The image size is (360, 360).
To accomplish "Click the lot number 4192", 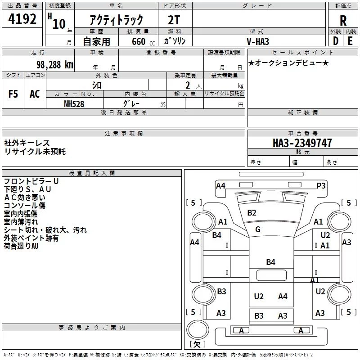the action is click(x=22, y=19).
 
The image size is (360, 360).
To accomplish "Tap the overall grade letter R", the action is click(x=343, y=21).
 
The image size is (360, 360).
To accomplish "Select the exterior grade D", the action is click(x=336, y=41).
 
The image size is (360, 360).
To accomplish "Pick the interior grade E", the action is click(x=350, y=41).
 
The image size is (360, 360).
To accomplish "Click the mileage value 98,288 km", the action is click(x=55, y=65).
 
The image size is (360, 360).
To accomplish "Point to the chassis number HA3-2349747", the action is click(x=302, y=143).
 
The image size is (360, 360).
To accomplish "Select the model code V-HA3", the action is click(x=258, y=41).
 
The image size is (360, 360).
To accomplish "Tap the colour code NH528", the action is click(x=74, y=104).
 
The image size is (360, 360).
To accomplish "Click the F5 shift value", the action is click(x=13, y=94).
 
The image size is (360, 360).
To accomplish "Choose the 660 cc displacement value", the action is click(x=143, y=41).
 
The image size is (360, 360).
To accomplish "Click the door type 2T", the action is click(x=174, y=20).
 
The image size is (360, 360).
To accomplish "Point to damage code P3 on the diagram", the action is click(x=321, y=185).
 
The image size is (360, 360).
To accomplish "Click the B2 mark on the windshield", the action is click(x=252, y=213).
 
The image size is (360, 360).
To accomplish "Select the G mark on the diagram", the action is click(x=258, y=229).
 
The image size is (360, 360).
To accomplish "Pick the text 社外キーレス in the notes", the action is click(x=27, y=143).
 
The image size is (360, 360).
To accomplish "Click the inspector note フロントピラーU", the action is click(x=31, y=181).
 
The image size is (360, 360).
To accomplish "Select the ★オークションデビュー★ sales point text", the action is click(x=288, y=63).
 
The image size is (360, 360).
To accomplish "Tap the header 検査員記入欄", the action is click(x=92, y=173).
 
